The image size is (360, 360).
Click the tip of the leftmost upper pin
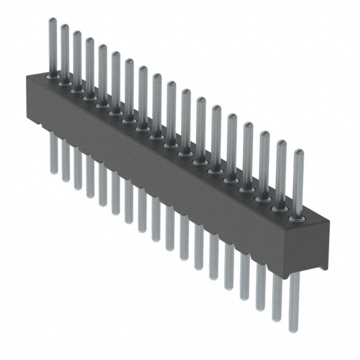(x=51, y=21)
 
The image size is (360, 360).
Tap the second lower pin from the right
(x=277, y=298)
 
